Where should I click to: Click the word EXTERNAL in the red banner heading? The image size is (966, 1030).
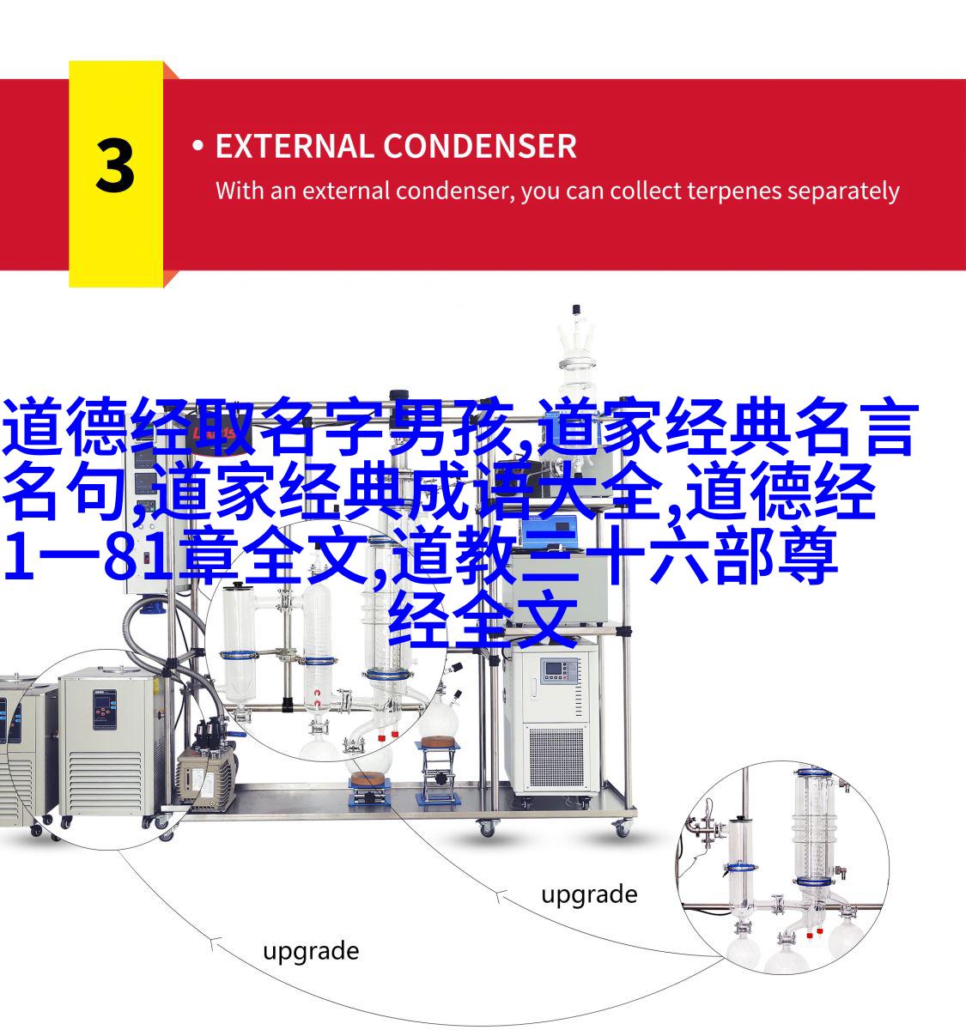point(294,146)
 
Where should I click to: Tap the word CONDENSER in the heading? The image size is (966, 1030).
point(480,146)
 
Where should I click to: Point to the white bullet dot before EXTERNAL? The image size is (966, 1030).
point(197,145)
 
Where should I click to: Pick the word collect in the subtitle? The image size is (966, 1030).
point(647,191)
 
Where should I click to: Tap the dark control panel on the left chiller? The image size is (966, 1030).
point(105,709)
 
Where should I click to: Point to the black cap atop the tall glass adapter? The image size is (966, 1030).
point(575,310)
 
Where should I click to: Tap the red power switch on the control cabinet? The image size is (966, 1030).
point(147,559)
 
